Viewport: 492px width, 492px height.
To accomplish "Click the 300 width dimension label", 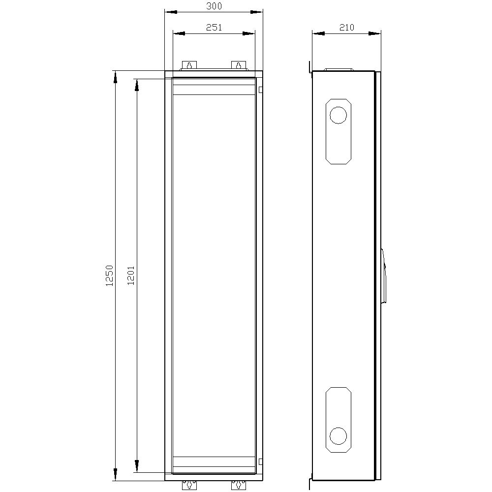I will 214,6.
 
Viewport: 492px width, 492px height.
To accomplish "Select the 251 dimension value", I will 214,28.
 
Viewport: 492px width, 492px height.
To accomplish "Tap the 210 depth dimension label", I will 347,28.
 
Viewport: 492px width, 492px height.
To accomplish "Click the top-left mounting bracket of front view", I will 189,65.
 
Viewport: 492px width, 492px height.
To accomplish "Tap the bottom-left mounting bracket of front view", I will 189,485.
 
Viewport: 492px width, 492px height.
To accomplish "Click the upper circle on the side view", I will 338,115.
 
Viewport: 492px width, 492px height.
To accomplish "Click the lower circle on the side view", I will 338,436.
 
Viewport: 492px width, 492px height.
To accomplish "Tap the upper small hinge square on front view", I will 260,90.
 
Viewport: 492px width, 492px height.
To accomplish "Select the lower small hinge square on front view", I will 260,461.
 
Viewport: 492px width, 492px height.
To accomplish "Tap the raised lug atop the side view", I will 338,69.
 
